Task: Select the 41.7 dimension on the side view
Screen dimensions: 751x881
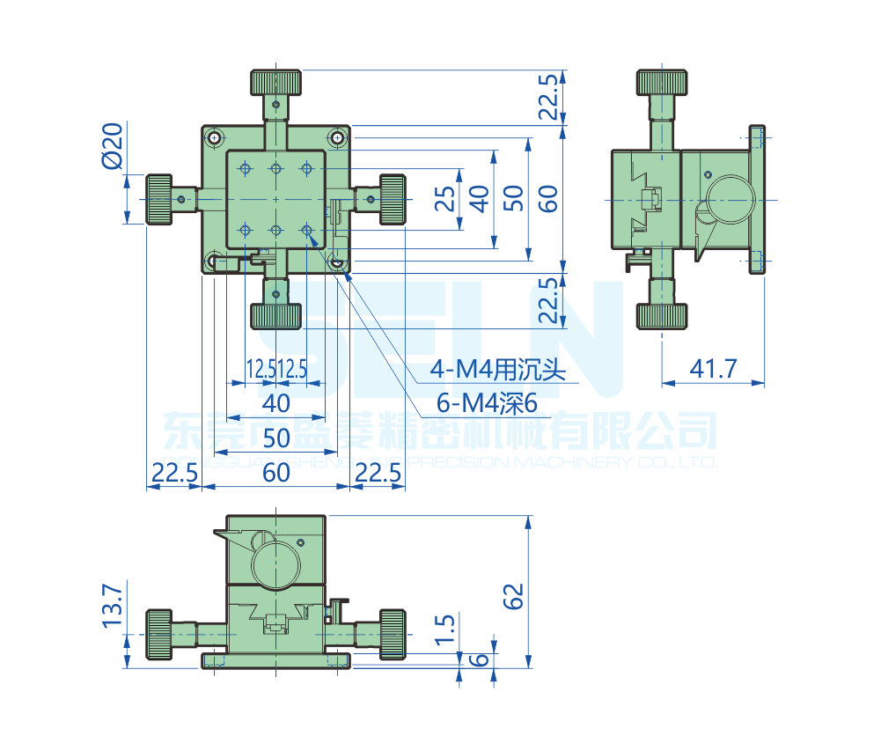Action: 713,367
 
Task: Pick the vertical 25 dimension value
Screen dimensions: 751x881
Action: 447,199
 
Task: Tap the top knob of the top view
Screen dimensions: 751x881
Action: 276,83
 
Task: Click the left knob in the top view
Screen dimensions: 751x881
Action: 158,200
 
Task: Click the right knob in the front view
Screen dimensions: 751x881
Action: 393,634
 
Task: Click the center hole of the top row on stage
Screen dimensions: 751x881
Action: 276,168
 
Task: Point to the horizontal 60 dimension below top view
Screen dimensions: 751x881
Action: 276,473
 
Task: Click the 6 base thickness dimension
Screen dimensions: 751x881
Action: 480,660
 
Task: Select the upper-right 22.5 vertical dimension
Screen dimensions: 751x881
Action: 548,97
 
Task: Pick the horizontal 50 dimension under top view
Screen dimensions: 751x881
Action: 276,437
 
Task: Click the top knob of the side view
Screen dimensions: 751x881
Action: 662,83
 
